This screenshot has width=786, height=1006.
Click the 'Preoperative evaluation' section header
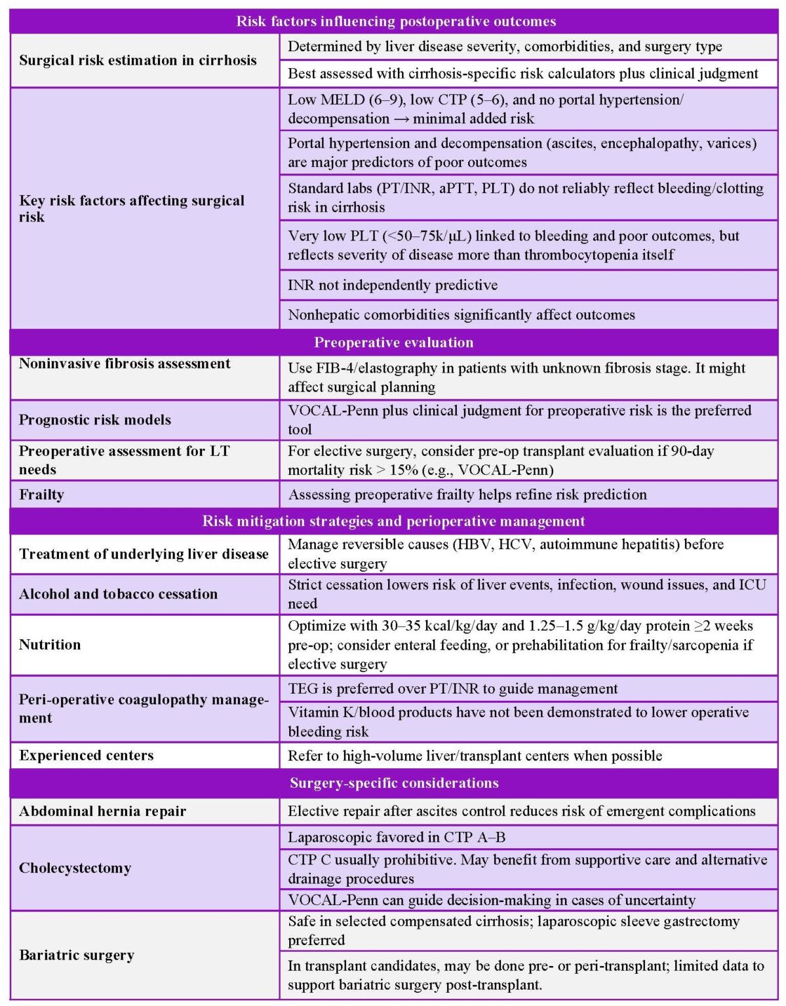(393, 343)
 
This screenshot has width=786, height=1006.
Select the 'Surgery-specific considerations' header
(394, 783)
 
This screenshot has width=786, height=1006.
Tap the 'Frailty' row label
(41, 494)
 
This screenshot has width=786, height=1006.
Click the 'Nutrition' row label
(50, 644)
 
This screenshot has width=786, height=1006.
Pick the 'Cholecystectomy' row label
(75, 868)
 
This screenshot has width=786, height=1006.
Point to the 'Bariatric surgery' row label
(77, 955)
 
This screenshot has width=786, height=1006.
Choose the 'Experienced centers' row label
(86, 755)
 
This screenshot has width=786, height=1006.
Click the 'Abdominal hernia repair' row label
(102, 811)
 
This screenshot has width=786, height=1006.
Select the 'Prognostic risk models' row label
(94, 420)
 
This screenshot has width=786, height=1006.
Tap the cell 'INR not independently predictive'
(392, 285)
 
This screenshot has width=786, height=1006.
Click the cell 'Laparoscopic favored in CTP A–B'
(396, 837)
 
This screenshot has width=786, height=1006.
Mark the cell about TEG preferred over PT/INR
(452, 688)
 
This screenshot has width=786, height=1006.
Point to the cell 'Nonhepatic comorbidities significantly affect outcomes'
(461, 315)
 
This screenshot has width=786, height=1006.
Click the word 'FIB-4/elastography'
(376, 368)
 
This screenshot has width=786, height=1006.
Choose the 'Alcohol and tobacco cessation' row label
(118, 594)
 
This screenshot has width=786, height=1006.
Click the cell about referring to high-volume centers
(475, 756)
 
